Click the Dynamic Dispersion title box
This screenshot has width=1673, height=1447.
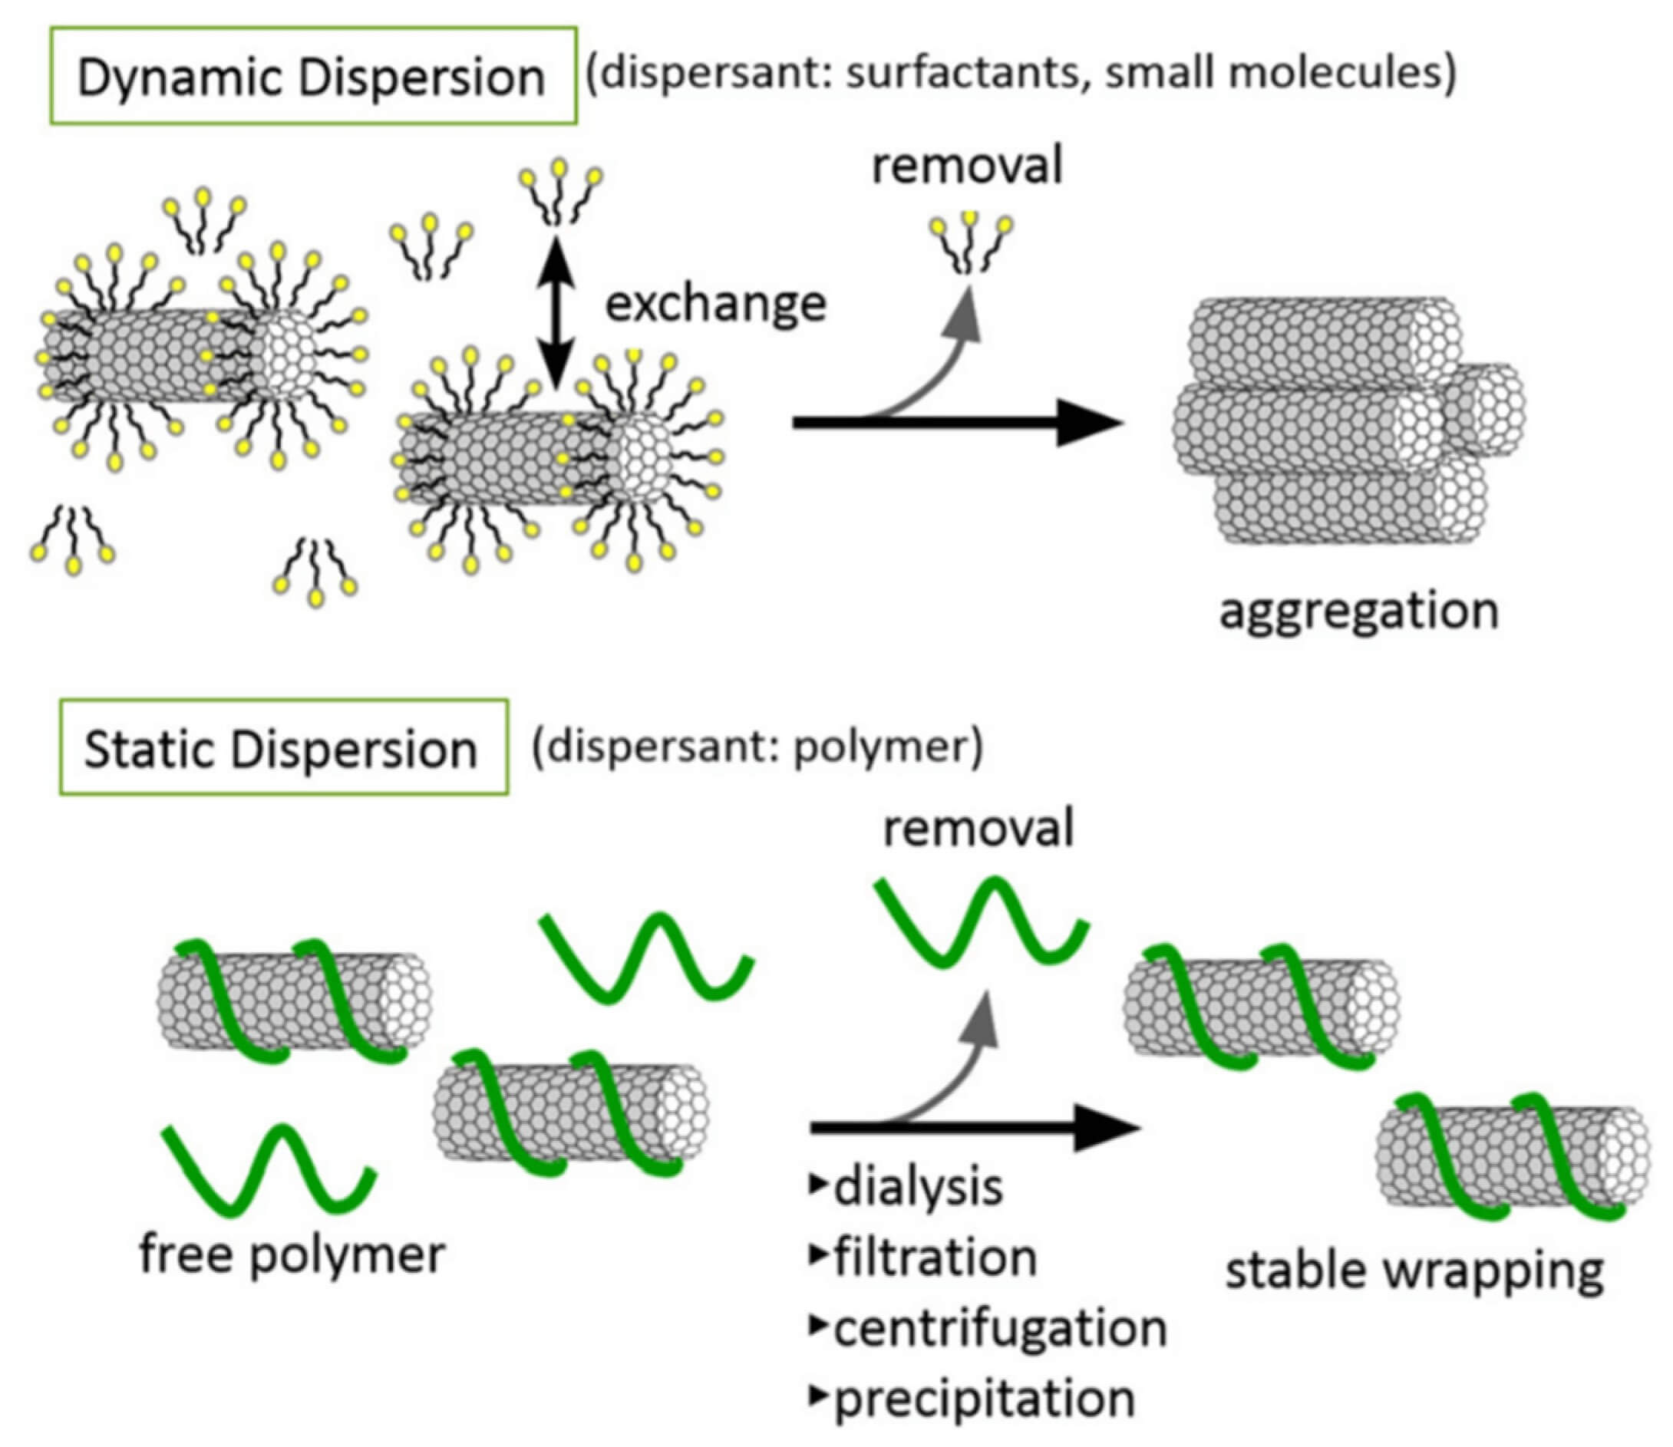tap(312, 76)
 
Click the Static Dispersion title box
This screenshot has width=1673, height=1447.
tap(282, 747)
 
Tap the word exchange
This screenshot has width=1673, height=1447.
tap(716, 305)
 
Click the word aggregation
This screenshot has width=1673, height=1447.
tap(1360, 611)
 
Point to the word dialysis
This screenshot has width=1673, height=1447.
tap(918, 1187)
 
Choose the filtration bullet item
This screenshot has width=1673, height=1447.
tap(935, 1258)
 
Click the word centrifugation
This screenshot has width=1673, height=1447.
tap(1000, 1328)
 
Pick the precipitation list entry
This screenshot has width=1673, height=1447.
tap(984, 1399)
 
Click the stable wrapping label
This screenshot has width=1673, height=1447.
tap(1414, 1272)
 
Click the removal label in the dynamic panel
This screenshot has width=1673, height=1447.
tap(967, 166)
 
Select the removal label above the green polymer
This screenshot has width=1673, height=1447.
tap(978, 829)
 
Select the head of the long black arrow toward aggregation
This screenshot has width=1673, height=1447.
tap(1091, 422)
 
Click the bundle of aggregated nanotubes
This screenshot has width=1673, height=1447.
tap(1341, 420)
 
